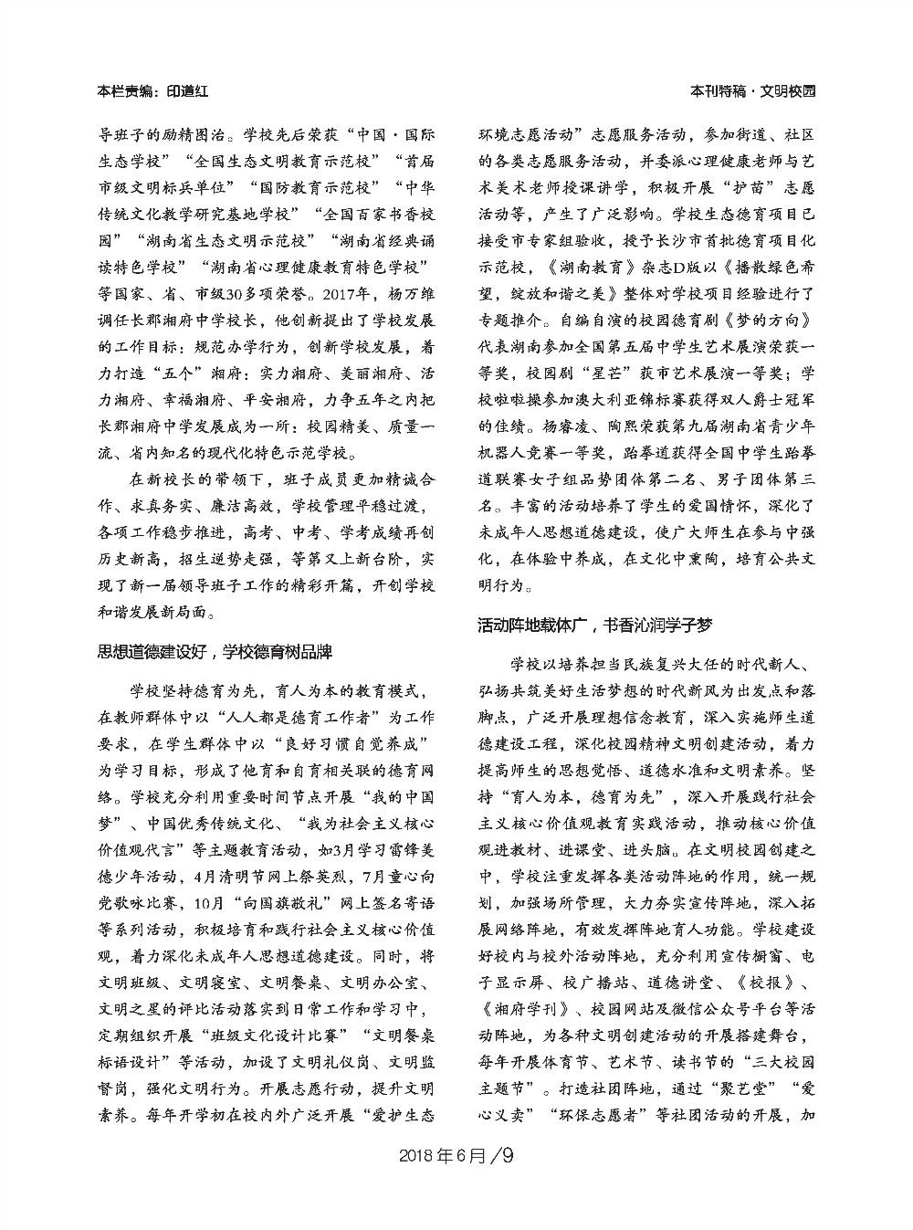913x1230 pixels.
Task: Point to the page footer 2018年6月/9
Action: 456,1156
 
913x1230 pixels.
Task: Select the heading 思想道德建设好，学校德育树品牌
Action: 214,653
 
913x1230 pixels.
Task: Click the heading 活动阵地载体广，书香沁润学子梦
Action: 594,626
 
